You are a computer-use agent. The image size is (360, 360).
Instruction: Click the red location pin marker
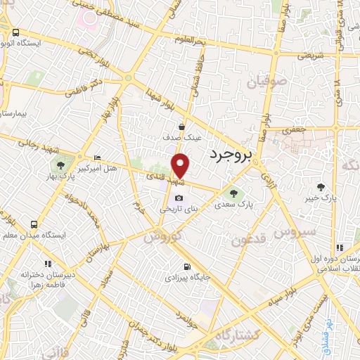pos(181,165)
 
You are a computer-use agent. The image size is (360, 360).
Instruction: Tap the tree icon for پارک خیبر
pos(321,186)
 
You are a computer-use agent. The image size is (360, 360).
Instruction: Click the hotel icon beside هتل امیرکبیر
pos(97,157)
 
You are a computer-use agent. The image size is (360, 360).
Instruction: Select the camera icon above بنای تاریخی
pos(180,198)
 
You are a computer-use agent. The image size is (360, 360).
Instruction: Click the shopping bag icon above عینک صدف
pos(182,127)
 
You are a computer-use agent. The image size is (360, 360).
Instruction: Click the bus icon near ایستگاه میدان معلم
pos(34,225)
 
